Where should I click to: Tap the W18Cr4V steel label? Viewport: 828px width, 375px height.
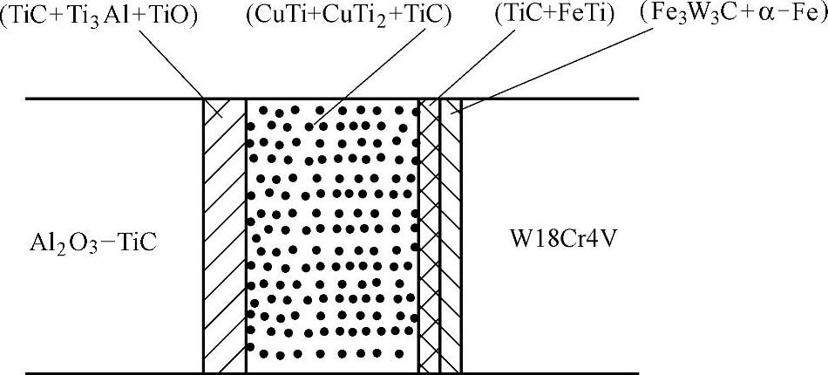pos(557,237)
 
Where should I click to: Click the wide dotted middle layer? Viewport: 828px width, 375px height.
pos(332,235)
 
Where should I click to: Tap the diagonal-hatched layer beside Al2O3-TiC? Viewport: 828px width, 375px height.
pos(224,235)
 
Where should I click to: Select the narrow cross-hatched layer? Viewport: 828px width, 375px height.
pos(429,235)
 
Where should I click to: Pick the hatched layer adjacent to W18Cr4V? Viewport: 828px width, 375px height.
pos(450,235)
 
